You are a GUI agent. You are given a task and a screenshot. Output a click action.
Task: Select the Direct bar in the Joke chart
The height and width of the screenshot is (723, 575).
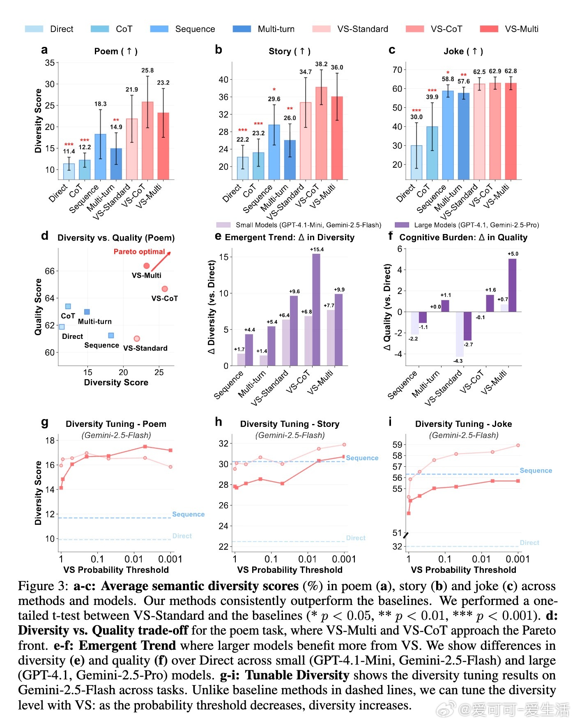point(416,162)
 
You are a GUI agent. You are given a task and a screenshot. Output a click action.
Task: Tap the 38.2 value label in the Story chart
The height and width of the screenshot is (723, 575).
point(321,64)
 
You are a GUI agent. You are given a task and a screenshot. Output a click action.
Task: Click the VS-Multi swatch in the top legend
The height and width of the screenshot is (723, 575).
point(489,29)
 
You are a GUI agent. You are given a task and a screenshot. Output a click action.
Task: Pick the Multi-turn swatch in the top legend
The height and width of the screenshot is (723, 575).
point(241,29)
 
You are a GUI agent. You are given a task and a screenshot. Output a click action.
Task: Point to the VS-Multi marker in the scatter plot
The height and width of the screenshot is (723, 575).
point(146,266)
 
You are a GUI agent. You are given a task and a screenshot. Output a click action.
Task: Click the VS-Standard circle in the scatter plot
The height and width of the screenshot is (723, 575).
point(137,338)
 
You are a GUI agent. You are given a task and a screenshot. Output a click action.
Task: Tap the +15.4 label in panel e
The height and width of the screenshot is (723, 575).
point(317,249)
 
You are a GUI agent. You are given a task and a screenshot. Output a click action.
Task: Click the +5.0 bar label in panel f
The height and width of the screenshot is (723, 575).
point(513,254)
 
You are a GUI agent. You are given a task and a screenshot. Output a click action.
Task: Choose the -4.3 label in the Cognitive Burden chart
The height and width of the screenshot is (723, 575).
point(458,361)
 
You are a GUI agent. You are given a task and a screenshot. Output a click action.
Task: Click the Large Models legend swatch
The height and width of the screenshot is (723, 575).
point(402,225)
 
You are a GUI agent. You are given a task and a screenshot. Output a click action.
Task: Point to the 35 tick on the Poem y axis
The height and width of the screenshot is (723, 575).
point(50,63)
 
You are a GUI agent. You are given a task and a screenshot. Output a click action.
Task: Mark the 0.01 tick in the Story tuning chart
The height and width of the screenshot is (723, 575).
point(307,559)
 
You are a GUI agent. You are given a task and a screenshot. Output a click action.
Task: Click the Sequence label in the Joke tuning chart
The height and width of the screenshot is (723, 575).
point(536,470)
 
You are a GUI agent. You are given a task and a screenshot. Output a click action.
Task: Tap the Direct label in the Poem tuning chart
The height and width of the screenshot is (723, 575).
point(182,536)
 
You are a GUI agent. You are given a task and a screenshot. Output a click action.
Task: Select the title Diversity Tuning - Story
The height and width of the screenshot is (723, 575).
point(290,424)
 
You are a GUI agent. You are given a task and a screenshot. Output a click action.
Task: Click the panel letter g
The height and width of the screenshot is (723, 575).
point(45,422)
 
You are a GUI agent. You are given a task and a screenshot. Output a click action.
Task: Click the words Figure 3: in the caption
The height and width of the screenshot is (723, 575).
point(44,586)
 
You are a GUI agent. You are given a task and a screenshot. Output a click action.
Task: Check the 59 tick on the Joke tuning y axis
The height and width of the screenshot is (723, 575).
point(397,445)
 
